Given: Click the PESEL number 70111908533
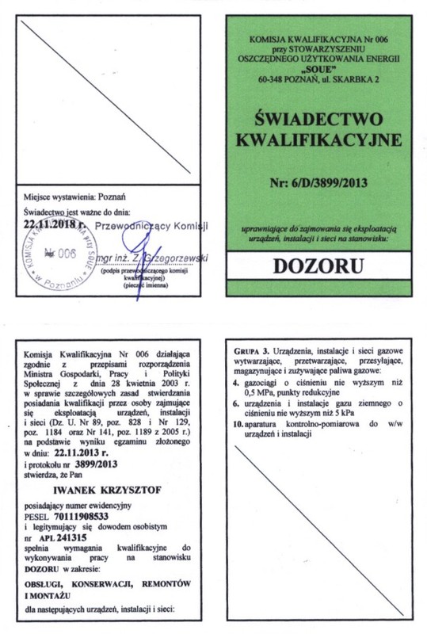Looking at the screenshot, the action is click(90, 514).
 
